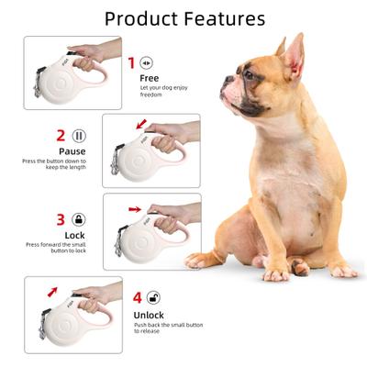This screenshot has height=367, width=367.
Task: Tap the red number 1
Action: (130, 63)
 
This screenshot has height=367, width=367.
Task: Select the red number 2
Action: (61, 136)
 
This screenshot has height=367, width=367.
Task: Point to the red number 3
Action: (61, 220)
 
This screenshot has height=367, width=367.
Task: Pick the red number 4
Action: (138, 298)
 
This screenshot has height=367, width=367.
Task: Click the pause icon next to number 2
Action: (80, 136)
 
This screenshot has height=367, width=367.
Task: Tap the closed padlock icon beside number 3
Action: (80, 220)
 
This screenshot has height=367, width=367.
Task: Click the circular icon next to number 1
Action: (148, 62)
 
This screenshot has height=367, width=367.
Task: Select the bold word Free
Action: (149, 78)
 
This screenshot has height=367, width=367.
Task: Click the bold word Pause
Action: (72, 151)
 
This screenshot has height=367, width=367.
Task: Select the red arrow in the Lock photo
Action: (136, 209)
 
